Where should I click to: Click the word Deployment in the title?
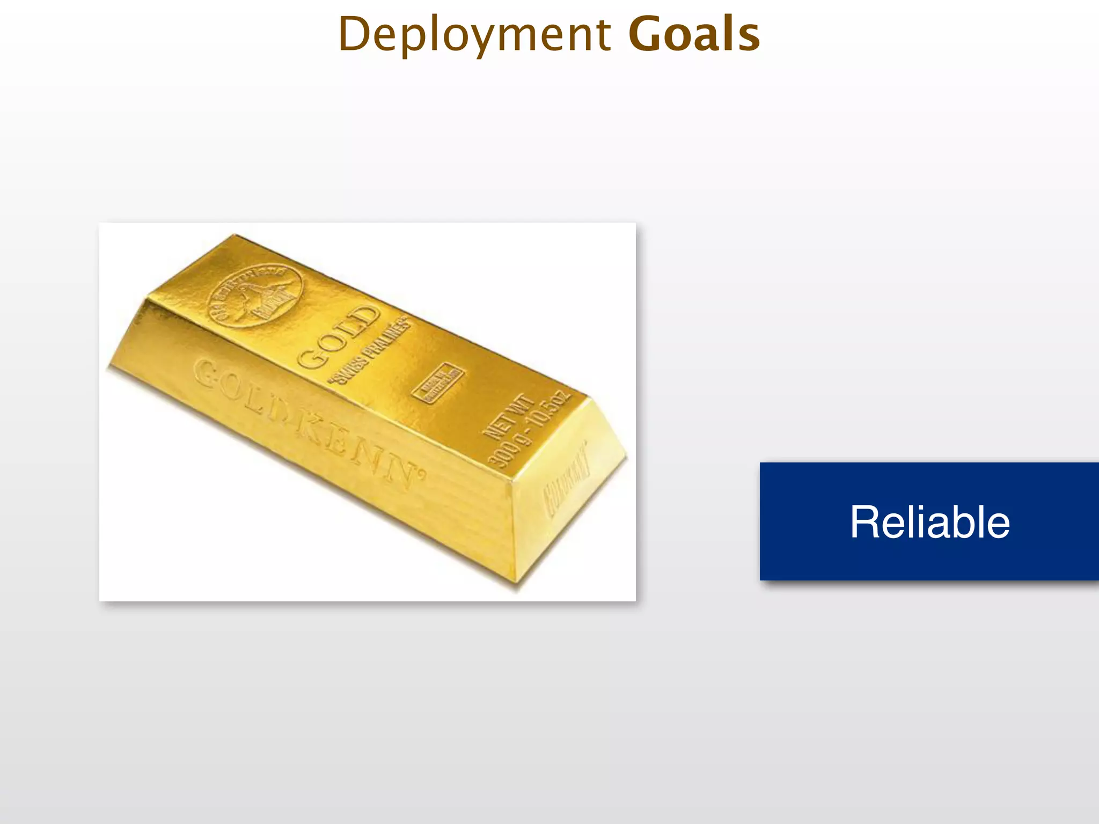click(474, 35)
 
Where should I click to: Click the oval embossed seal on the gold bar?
click(255, 296)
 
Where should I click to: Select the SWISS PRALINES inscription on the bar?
click(370, 351)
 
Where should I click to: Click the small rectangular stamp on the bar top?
click(438, 382)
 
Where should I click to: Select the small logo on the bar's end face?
click(567, 479)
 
